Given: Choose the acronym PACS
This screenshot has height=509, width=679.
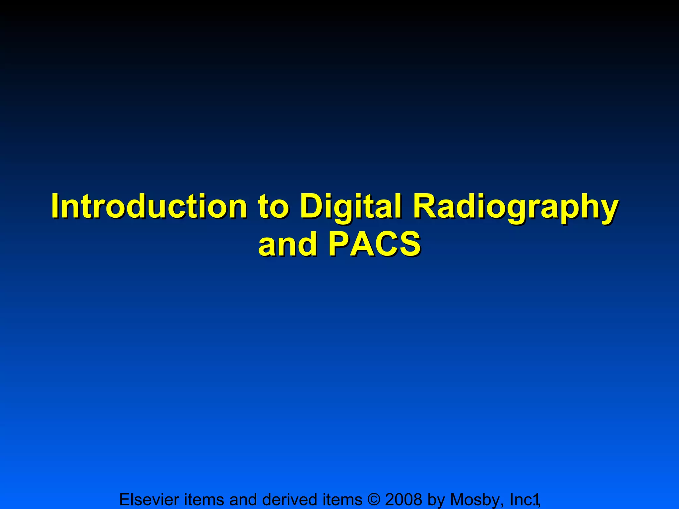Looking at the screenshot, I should click(375, 245).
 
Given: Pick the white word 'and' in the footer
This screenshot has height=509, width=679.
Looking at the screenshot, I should click(244, 499).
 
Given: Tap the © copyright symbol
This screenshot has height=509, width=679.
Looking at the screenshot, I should click(374, 499).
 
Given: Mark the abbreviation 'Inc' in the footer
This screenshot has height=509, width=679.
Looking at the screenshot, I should click(521, 499).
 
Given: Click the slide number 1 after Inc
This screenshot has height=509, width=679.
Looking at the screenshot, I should click(535, 500).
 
